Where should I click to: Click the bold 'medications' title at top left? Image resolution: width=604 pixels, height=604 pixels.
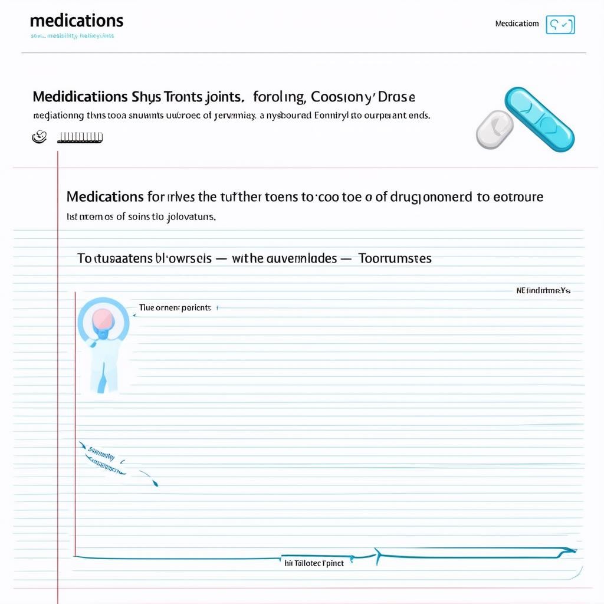click(76, 21)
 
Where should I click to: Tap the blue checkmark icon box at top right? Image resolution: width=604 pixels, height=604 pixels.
click(560, 25)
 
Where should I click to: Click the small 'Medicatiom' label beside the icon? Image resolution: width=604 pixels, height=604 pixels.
click(517, 24)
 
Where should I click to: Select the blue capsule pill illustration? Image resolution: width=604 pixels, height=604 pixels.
click(540, 119)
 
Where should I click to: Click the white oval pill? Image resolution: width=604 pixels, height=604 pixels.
click(494, 129)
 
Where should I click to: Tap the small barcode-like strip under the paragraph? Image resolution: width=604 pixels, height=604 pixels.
click(80, 137)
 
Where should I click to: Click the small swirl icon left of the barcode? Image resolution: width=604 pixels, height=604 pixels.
click(39, 137)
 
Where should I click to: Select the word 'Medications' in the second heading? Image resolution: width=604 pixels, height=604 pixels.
click(105, 196)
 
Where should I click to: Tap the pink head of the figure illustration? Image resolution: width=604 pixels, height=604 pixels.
click(103, 319)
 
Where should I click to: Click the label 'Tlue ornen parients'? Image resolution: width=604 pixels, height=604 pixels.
click(175, 308)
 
